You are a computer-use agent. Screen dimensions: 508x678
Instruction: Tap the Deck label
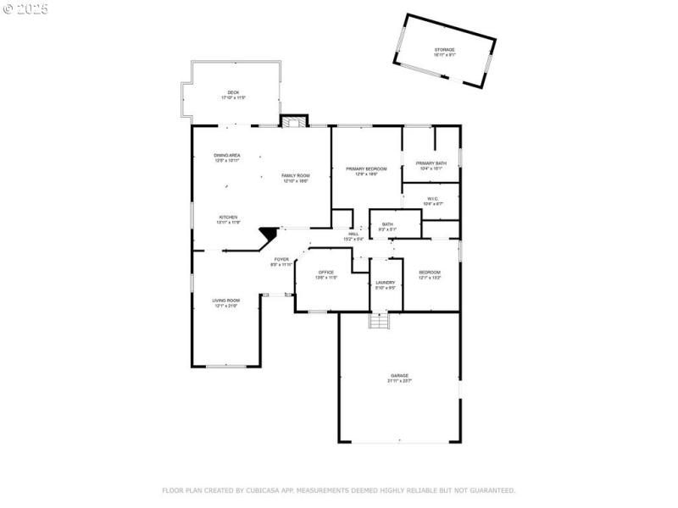pos(233,93)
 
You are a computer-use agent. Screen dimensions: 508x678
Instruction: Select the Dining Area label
pos(226,156)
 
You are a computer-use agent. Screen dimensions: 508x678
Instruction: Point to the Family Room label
pos(296,175)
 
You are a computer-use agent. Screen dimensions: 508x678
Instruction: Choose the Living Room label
pos(226,301)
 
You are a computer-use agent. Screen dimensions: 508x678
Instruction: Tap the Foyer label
pos(281,259)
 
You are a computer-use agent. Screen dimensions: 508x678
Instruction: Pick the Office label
pos(326,273)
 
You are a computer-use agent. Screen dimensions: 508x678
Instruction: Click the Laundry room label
pos(386,283)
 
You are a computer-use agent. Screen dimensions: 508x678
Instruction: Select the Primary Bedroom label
pos(366,169)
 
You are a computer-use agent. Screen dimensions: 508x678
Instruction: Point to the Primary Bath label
pos(431,163)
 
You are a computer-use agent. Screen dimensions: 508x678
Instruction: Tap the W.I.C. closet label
pos(432,199)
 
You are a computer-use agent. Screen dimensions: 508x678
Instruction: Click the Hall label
pos(353,235)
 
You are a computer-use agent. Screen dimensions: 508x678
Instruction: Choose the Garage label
pos(399,376)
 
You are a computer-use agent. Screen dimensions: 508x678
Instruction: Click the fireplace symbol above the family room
pos(293,122)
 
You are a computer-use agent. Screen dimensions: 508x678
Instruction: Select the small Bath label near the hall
pos(387,224)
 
